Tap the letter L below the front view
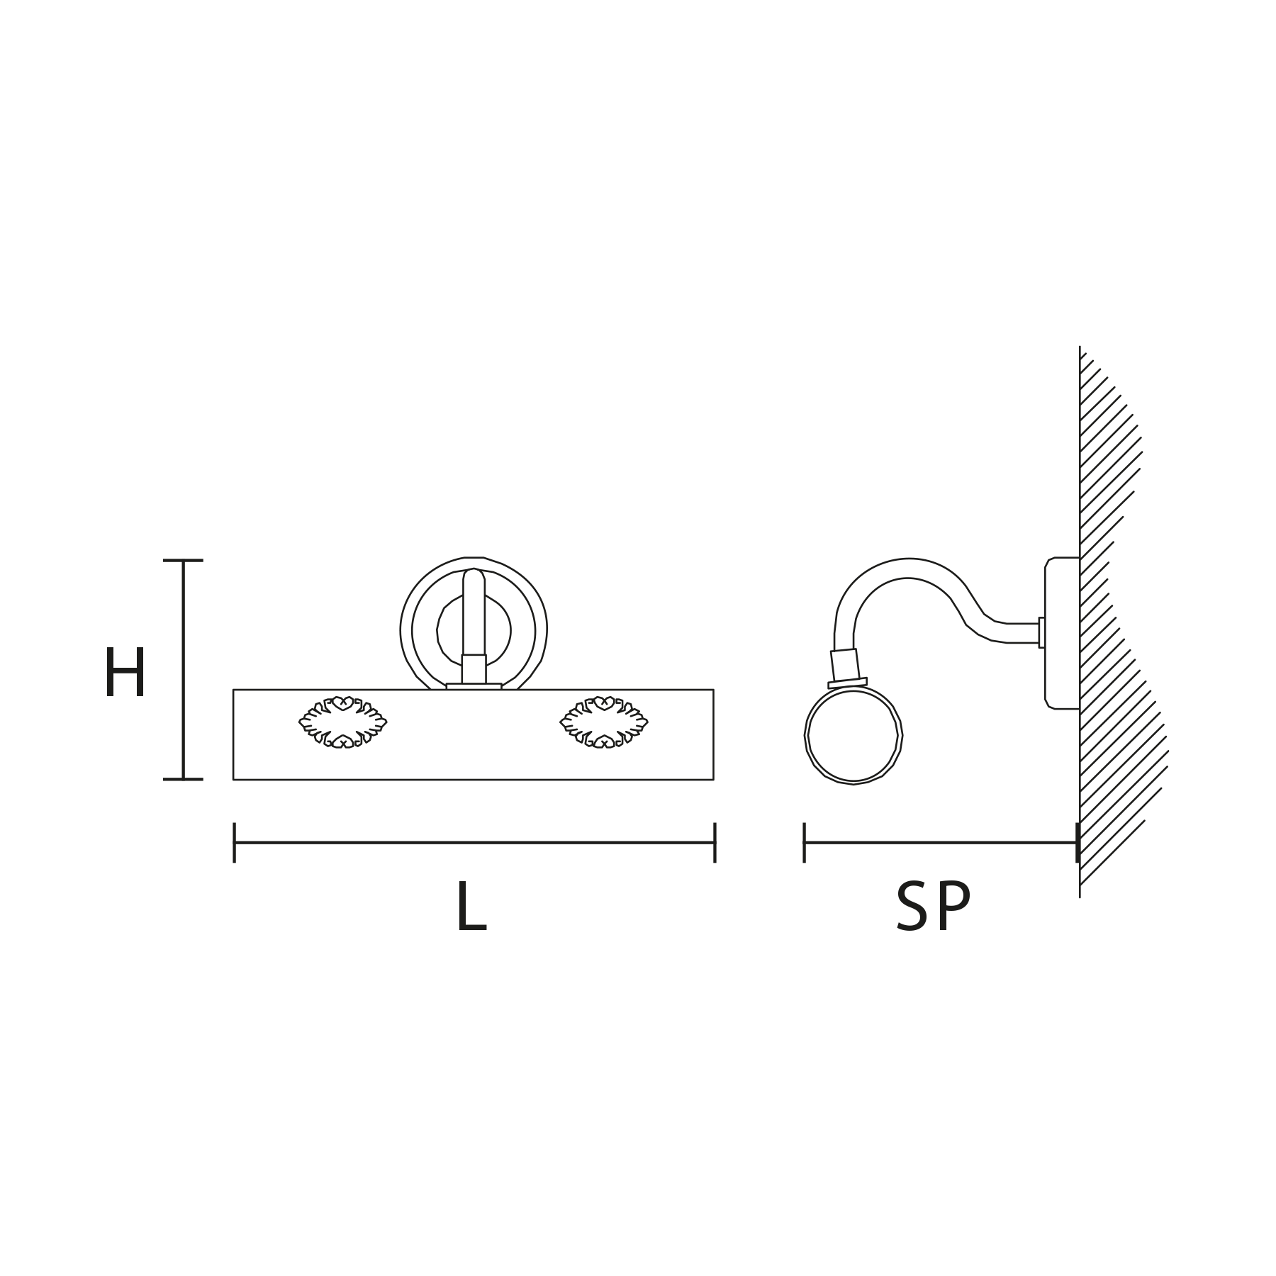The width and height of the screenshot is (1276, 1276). pos(471,907)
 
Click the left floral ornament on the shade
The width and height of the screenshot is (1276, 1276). pos(343,722)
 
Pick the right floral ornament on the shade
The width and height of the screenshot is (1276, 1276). pos(604,722)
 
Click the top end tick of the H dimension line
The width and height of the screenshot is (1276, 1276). pos(183,561)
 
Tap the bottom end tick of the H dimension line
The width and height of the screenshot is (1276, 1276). pos(183,779)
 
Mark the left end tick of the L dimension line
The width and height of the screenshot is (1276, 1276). pos(234,843)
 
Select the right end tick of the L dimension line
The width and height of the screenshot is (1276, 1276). pos(715,843)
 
